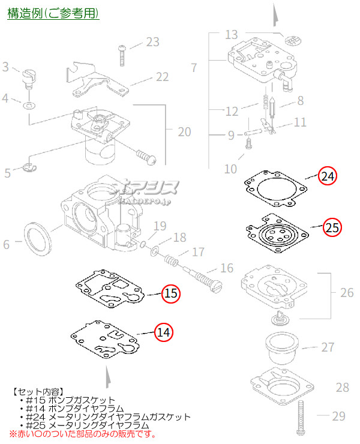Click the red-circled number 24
328,176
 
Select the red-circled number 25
332,227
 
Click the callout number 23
152,42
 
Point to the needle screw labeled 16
202,277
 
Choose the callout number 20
184,131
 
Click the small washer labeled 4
29,106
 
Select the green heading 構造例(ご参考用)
53,13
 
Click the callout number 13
232,34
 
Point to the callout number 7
193,68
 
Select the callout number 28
342,388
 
